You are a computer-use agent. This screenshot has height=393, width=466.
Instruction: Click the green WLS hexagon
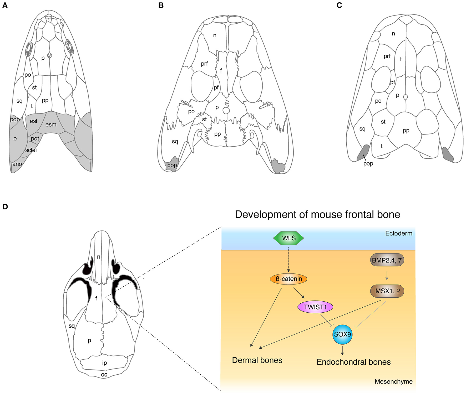click(x=288, y=238)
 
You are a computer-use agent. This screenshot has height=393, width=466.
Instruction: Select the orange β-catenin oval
click(x=288, y=279)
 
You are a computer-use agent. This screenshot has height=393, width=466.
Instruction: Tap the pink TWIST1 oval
click(x=315, y=307)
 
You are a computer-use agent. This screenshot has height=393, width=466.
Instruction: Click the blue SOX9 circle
click(x=342, y=334)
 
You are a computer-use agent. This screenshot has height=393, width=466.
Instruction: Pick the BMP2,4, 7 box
click(x=387, y=260)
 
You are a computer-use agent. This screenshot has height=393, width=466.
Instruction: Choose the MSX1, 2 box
click(x=387, y=291)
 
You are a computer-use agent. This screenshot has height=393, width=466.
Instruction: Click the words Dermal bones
click(x=257, y=360)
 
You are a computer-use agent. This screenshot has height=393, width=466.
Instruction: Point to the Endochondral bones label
click(x=353, y=362)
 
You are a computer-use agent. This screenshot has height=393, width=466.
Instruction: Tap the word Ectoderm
click(x=398, y=233)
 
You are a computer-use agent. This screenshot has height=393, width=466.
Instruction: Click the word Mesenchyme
click(x=393, y=381)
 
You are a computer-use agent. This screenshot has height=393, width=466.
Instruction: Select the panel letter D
click(x=5, y=207)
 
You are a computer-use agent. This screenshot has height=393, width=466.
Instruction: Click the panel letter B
click(x=161, y=5)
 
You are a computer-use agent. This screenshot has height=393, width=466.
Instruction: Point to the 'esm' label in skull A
click(x=51, y=125)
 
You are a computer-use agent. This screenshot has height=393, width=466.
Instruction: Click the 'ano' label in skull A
click(x=17, y=164)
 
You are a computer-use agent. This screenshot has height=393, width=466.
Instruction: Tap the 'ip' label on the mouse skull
click(x=104, y=363)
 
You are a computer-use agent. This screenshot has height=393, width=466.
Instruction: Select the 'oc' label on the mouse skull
click(x=104, y=375)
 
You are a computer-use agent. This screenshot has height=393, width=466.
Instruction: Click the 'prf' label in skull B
click(x=204, y=64)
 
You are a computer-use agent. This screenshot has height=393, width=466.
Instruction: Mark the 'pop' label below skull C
click(x=368, y=164)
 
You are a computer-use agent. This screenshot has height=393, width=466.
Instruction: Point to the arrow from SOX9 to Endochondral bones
click(x=342, y=350)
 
